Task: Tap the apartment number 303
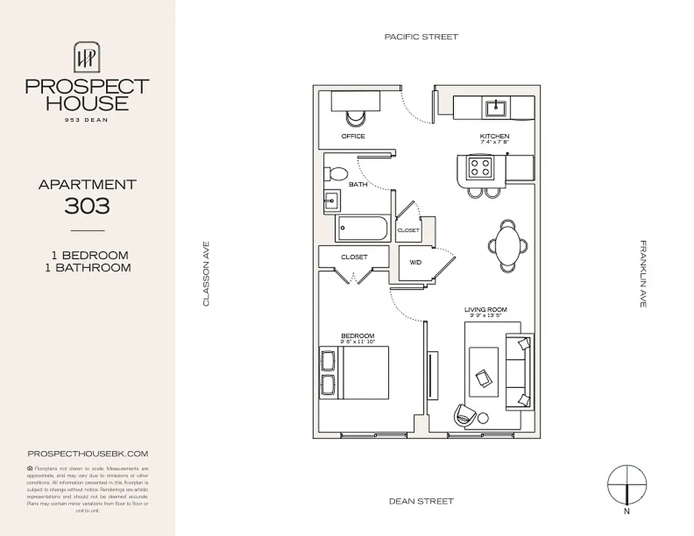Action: pyautogui.click(x=87, y=206)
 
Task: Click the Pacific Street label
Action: pyautogui.click(x=421, y=37)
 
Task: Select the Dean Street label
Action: pyautogui.click(x=421, y=501)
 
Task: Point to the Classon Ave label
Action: pyautogui.click(x=207, y=274)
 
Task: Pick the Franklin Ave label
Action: pyautogui.click(x=643, y=274)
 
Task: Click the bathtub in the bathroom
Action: pyautogui.click(x=363, y=230)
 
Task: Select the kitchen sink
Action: pyautogui.click(x=498, y=106)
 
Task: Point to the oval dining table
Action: pyautogui.click(x=508, y=245)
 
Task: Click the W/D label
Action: pyautogui.click(x=415, y=262)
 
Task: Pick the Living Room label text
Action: pyautogui.click(x=485, y=310)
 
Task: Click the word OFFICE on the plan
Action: pyautogui.click(x=353, y=137)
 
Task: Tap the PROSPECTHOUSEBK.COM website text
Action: pyautogui.click(x=87, y=454)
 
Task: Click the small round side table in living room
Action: pyautogui.click(x=483, y=419)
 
